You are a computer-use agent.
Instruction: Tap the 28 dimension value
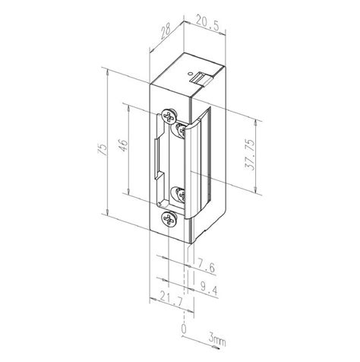pyautogui.click(x=166, y=32)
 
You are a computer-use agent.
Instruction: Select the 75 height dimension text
pyautogui.click(x=102, y=149)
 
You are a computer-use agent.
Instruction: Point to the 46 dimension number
pyautogui.click(x=124, y=145)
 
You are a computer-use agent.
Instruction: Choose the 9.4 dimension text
pyautogui.click(x=209, y=289)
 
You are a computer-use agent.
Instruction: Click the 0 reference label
pyautogui.click(x=184, y=329)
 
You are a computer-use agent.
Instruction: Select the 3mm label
pyautogui.click(x=217, y=341)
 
